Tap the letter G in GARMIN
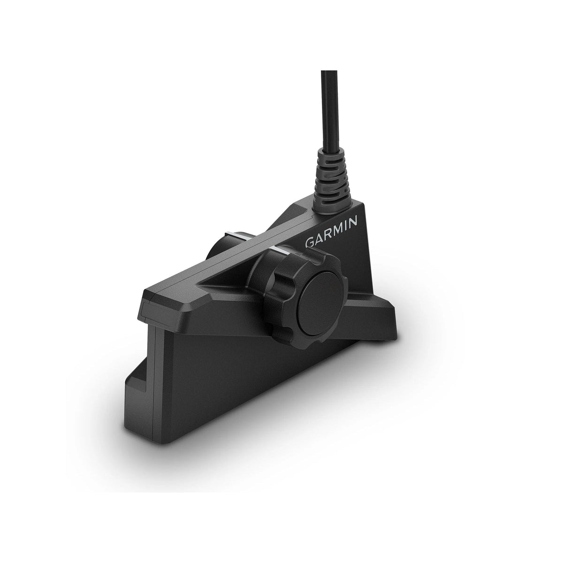coord(310,243)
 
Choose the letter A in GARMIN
coord(319,240)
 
